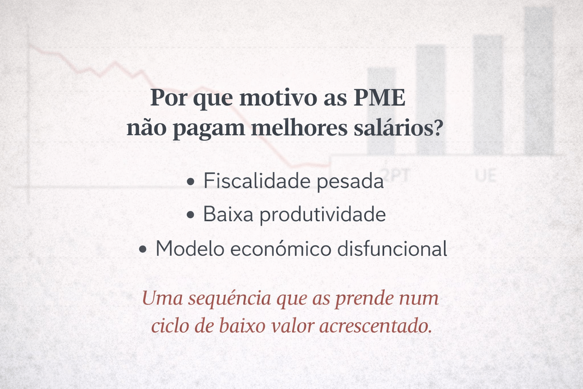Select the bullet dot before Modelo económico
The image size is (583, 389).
point(143,250)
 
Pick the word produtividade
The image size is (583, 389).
point(323,215)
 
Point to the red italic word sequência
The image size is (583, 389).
point(230,299)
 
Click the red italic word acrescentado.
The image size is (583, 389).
point(375,326)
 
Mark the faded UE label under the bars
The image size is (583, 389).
point(486,176)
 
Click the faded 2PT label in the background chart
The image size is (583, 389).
point(397,175)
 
